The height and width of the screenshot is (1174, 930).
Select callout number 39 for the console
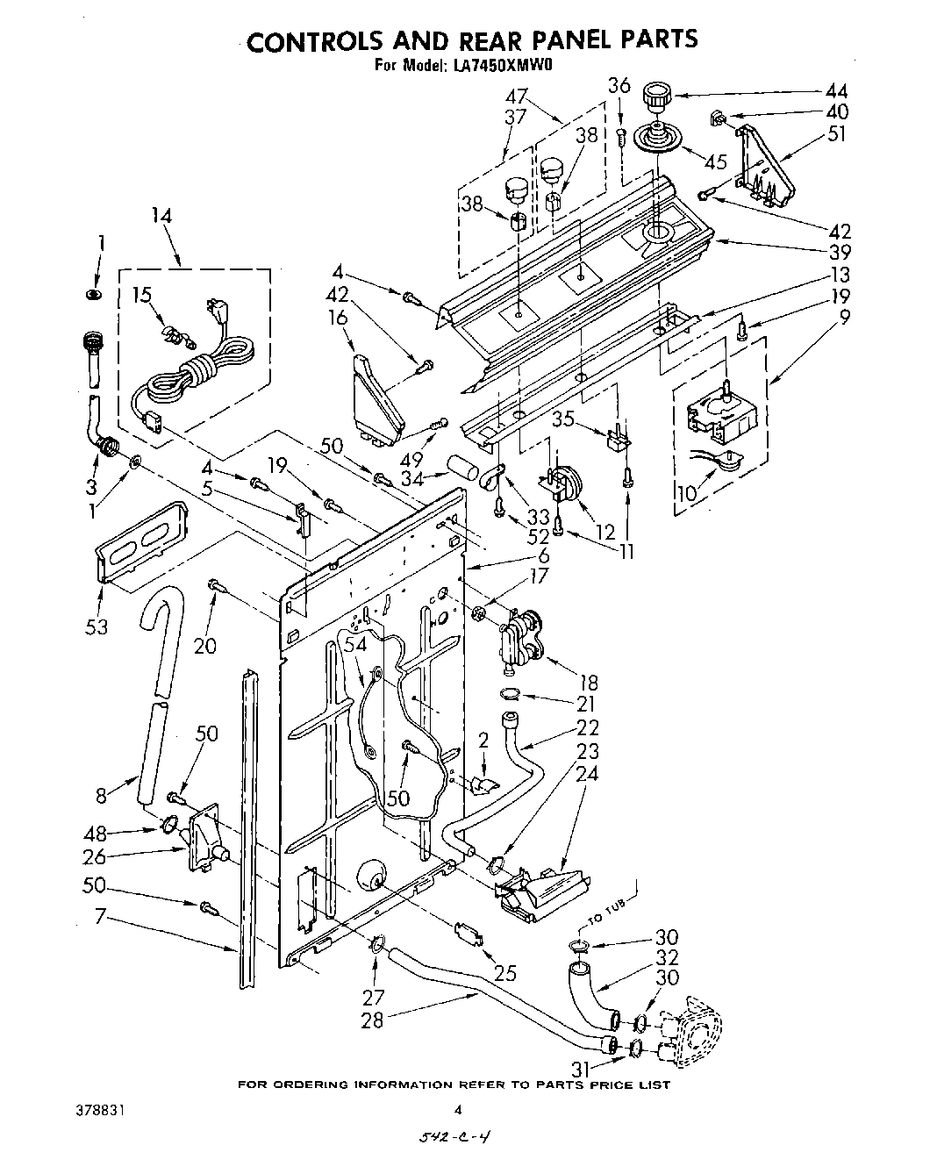[x=836, y=252]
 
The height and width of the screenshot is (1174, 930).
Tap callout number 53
[x=97, y=626]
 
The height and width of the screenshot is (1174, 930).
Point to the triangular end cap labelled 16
[x=377, y=395]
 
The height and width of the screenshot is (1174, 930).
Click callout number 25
[x=504, y=972]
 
